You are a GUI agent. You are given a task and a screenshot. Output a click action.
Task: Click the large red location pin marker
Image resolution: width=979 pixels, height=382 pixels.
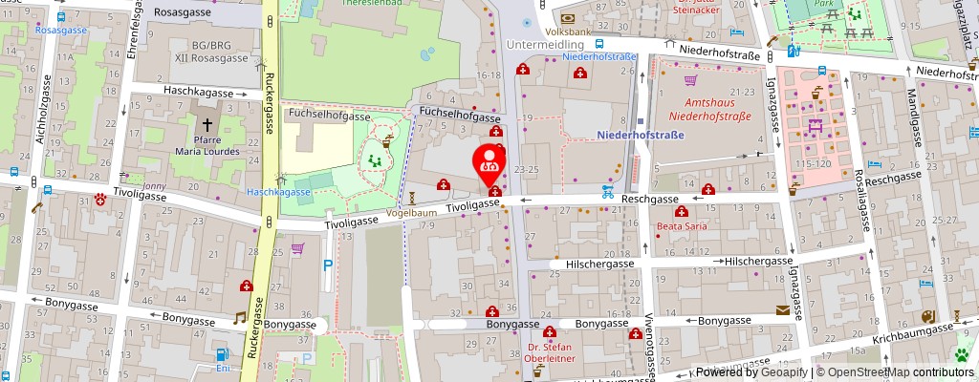(x=490, y=159)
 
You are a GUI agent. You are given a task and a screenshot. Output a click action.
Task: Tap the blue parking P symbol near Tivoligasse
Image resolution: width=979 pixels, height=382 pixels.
(x=328, y=266)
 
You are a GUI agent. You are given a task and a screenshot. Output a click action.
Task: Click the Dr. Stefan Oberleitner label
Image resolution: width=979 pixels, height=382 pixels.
(x=550, y=353)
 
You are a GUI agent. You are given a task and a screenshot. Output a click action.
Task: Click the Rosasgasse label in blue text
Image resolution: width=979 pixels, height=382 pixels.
(x=60, y=30)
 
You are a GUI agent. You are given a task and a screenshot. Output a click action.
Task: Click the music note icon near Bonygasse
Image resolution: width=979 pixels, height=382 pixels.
(x=240, y=317)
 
